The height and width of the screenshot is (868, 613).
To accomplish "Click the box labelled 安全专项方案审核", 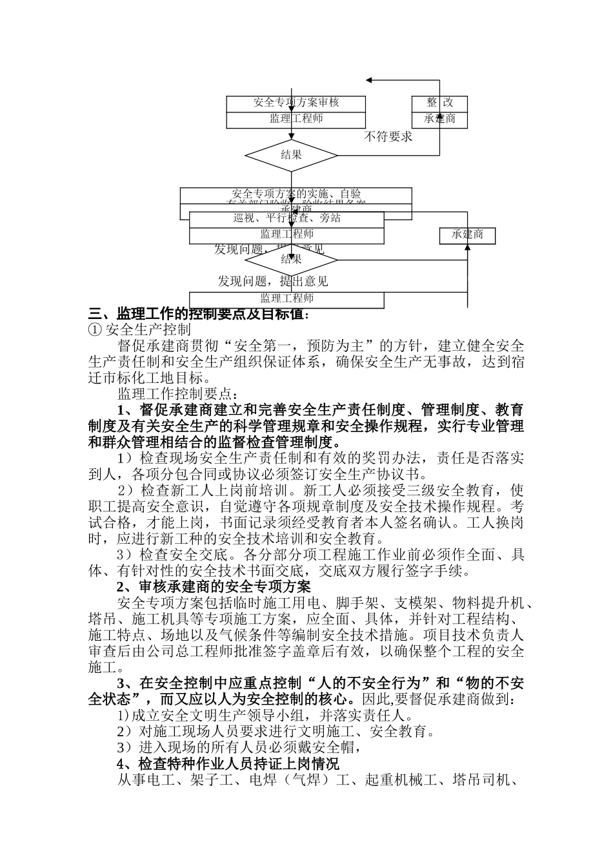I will [296, 103].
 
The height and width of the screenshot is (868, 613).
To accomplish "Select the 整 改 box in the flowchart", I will [439, 103].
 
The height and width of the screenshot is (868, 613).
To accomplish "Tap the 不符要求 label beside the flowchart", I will [388, 136].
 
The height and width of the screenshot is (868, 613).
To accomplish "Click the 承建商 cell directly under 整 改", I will [439, 119].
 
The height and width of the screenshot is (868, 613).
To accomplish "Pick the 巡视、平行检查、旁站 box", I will [286, 218].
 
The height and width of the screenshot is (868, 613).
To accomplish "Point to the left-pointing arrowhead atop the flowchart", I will [370, 80].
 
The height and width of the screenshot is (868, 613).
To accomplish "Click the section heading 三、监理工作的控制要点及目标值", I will [199, 315].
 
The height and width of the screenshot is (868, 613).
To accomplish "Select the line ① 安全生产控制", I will [139, 330].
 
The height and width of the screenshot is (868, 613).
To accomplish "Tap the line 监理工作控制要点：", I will [178, 393].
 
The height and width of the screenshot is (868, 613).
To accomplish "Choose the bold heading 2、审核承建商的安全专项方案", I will [214, 587].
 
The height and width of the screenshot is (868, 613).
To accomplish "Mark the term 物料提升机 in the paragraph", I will [488, 603].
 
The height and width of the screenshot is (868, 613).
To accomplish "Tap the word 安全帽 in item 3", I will [330, 748].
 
